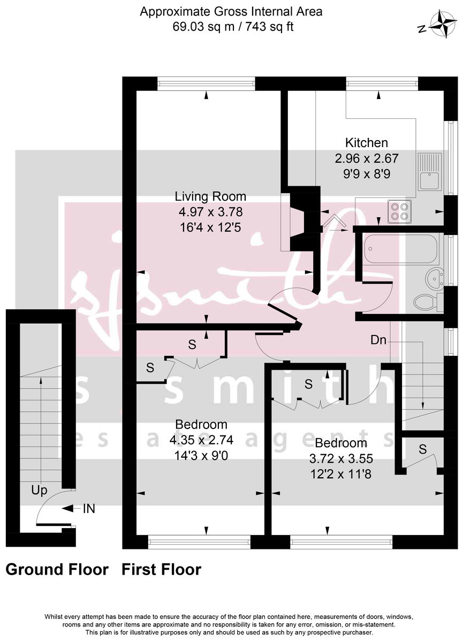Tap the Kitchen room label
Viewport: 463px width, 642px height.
tap(366, 143)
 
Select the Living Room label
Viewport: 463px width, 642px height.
tap(212, 196)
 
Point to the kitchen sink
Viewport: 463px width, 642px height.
tap(430, 172)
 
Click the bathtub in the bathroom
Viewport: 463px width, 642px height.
tap(400, 249)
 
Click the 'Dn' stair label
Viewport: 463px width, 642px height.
tap(378, 340)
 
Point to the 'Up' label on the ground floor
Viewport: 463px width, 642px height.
tap(39, 490)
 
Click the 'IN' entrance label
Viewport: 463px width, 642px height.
tap(89, 509)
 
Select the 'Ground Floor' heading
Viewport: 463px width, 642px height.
tap(57, 570)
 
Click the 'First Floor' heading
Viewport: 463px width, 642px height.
tap(161, 570)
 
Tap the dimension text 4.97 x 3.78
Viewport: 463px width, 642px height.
tap(212, 212)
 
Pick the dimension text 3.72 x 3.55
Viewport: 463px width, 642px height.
tap(341, 458)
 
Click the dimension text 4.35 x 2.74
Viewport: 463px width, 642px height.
tap(201, 440)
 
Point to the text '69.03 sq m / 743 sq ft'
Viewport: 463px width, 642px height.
tap(232, 26)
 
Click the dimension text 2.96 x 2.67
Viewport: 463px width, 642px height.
tap(367, 158)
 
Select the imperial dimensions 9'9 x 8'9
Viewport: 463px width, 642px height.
tap(367, 173)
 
